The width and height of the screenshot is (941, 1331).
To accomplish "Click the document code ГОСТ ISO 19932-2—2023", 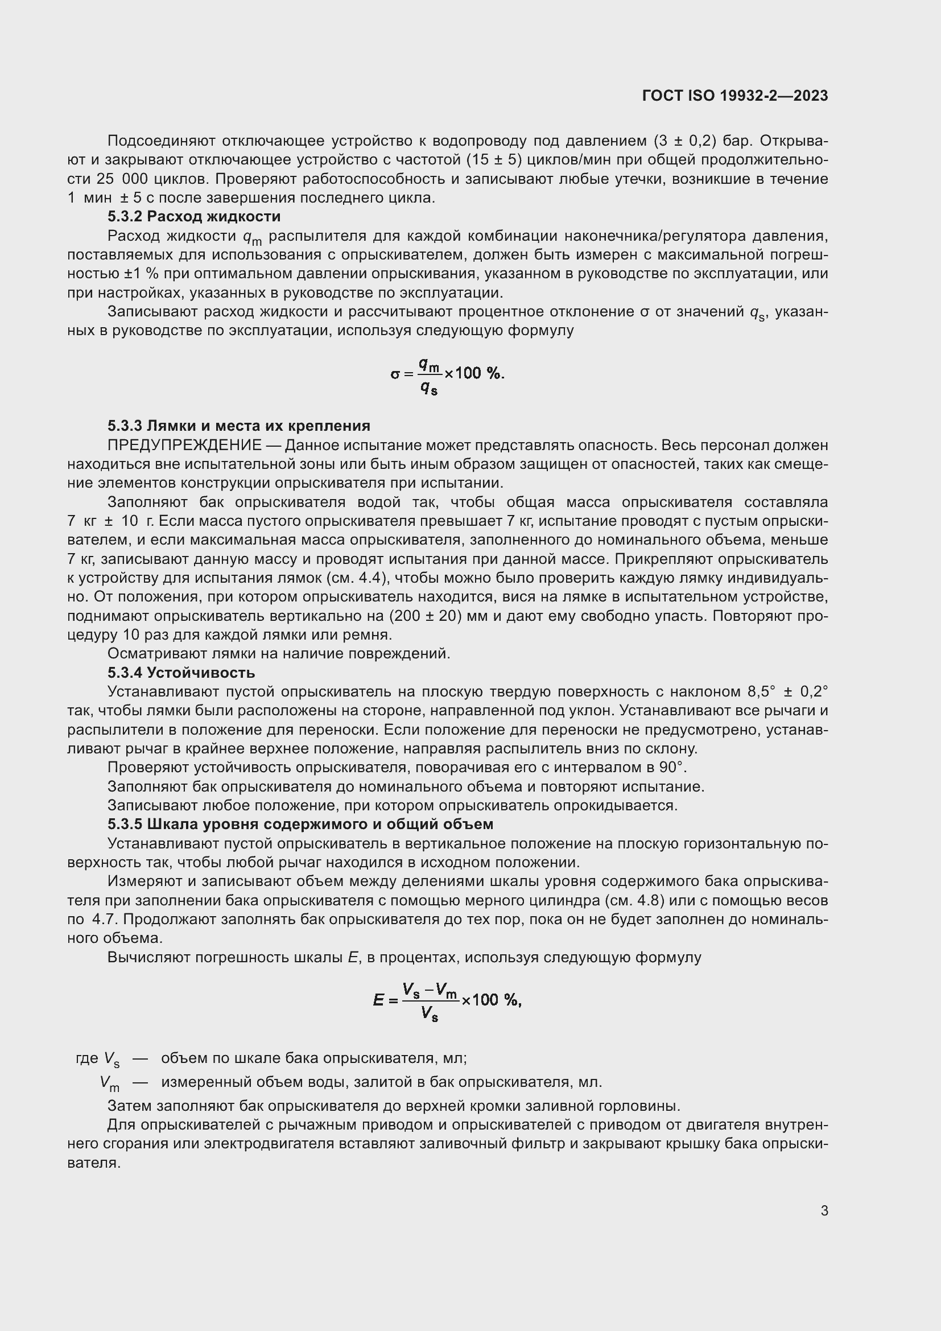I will coord(734,96).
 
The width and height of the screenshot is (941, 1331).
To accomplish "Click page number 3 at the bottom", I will coord(824,1210).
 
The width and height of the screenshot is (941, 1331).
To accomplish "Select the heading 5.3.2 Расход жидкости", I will coord(193,217).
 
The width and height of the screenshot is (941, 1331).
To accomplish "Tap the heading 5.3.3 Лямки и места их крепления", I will coord(238,426).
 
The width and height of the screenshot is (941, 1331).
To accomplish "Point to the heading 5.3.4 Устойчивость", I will coord(181,673).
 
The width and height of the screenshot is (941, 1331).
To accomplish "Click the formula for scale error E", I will coord(447,1000).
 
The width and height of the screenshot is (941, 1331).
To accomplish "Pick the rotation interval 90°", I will coord(672,768).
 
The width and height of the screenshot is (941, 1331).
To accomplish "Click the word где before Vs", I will coord(87,1058).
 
